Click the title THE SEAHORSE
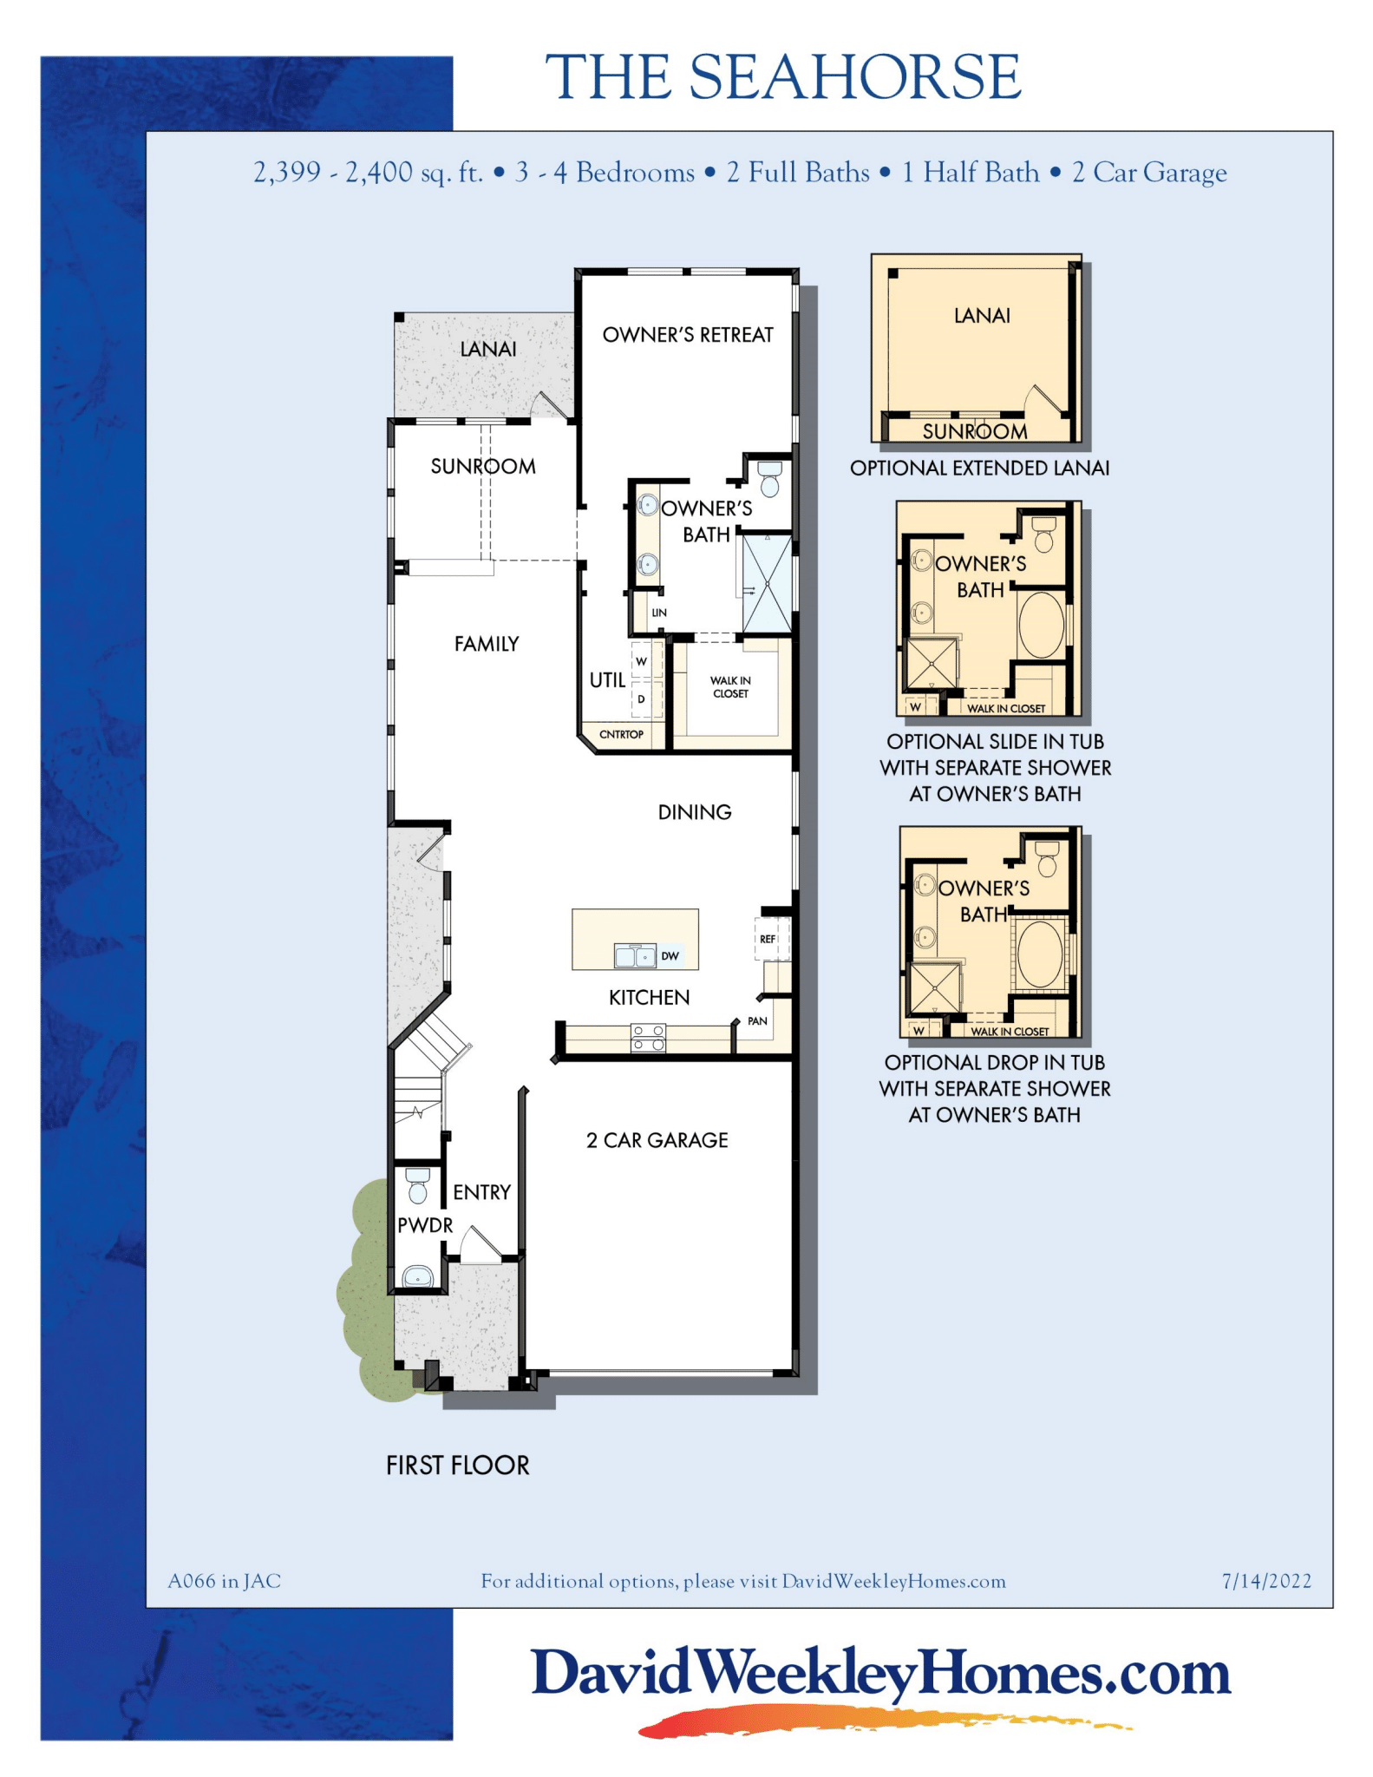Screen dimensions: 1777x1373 782,77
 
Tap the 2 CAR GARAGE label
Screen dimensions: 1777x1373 657,1140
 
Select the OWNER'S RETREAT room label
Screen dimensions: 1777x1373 687,335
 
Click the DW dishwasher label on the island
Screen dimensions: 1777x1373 670,956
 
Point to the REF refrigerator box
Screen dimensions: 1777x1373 768,939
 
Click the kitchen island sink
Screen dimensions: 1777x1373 634,956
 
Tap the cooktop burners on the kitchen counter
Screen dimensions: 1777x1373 648,1038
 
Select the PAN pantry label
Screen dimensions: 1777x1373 757,1021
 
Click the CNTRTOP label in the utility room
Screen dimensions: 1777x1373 621,735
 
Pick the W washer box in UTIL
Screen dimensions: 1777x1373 642,661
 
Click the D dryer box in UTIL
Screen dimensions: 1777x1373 642,699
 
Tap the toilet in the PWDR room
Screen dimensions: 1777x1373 418,1185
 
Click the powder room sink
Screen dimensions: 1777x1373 418,1278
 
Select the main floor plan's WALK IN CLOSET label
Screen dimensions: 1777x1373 730,687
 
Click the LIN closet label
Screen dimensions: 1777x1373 659,613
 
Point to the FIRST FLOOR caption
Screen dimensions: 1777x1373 457,1466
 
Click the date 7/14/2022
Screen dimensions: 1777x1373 1265,1581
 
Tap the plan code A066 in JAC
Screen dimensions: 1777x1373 224,1581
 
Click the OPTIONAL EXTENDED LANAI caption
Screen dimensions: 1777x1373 979,469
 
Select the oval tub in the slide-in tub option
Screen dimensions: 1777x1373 1041,625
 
